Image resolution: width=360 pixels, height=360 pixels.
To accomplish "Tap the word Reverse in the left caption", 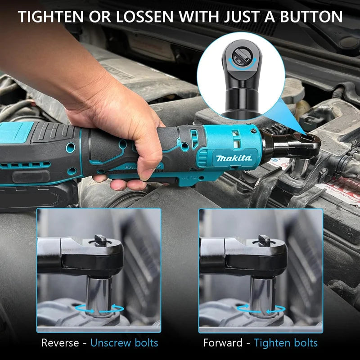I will point(61,342).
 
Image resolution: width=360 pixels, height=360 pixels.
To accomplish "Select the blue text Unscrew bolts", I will point(124,342).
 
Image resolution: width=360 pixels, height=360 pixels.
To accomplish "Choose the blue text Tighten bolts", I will point(286,342).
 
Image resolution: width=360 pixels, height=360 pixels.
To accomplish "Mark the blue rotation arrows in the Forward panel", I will point(262,308).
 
